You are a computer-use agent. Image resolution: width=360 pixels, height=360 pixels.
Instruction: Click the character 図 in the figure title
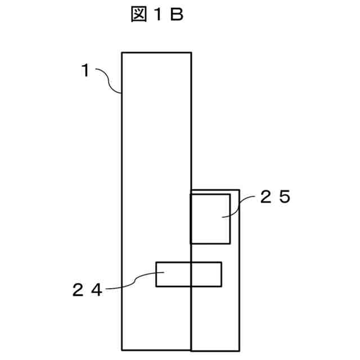tap(139, 14)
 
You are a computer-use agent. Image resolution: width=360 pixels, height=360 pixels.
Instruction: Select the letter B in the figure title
tap(177, 14)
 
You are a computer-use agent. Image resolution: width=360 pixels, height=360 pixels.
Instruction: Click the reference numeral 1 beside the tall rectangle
tap(85, 70)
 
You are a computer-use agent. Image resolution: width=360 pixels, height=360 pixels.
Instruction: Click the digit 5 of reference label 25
tap(285, 197)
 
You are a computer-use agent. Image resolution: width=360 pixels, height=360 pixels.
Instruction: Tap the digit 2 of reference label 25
tap(266, 197)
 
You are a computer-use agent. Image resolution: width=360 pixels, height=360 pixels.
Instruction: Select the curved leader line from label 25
tap(238, 206)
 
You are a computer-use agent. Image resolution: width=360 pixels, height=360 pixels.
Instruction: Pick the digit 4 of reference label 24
tap(97, 290)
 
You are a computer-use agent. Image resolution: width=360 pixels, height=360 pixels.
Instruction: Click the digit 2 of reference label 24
tap(78, 290)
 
